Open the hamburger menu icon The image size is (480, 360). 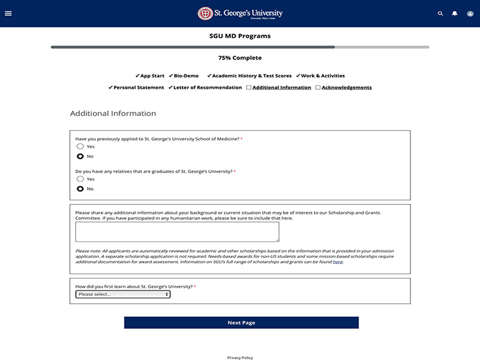[8, 13]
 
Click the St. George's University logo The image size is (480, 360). [240, 13]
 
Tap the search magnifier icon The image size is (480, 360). [440, 13]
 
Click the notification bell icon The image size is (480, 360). [455, 13]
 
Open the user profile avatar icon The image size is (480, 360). [470, 13]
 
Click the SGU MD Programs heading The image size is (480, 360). [240, 36]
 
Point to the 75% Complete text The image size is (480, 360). [240, 58]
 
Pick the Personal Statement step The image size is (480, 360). [136, 88]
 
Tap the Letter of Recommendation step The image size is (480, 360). [205, 88]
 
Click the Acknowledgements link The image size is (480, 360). [347, 88]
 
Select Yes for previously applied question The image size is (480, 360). [80, 146]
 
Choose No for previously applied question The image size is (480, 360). [80, 156]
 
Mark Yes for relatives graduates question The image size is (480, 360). [80, 179]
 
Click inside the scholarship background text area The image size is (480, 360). [177, 232]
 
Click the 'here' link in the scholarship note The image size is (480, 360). [338, 262]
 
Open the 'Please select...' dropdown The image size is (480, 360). [123, 295]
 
